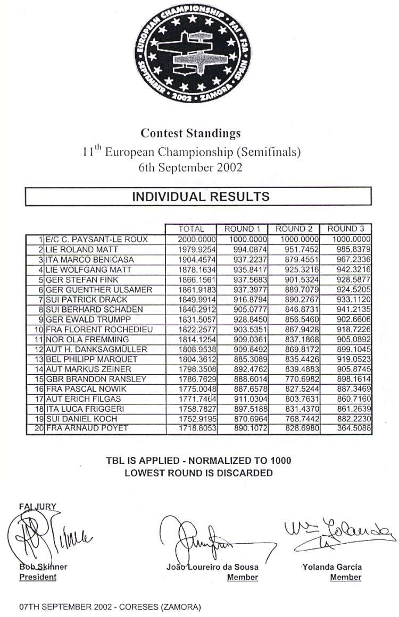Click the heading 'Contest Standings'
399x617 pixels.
pos(190,133)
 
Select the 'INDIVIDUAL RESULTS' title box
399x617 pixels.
pos(200,196)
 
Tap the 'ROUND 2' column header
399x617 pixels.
pos(294,229)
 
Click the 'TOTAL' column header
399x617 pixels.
pos(191,229)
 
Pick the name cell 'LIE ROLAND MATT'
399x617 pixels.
pos(78,250)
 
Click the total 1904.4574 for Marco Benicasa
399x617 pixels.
pos(196,260)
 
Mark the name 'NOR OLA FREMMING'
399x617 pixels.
pos(80,340)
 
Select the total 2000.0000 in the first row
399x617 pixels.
pos(196,240)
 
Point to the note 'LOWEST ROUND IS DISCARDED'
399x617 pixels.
pos(198,472)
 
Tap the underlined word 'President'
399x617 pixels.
pos(38,577)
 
